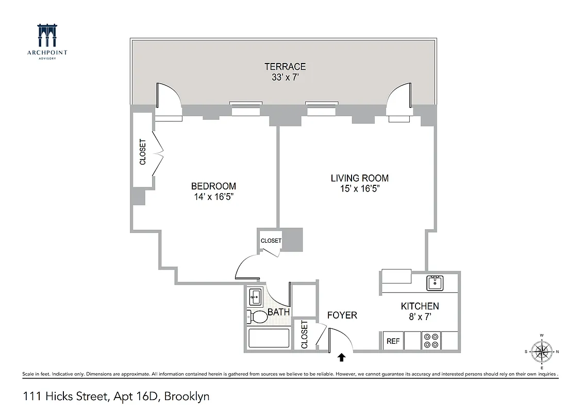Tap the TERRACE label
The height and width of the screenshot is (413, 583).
(x=285, y=67)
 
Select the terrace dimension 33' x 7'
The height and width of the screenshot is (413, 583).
(x=285, y=77)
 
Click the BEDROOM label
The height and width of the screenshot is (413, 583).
(x=213, y=186)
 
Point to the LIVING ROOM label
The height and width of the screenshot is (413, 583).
(x=359, y=178)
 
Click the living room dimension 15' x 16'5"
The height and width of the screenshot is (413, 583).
(x=359, y=189)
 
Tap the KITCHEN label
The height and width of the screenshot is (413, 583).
(x=420, y=306)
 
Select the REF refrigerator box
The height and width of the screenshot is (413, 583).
(x=393, y=341)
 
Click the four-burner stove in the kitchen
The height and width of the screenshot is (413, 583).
(x=431, y=341)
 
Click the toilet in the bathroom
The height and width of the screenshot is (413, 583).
(x=258, y=316)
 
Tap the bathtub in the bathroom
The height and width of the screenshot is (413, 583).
(x=269, y=339)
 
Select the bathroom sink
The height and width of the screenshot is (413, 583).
(x=255, y=296)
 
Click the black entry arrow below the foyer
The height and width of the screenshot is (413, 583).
(x=341, y=356)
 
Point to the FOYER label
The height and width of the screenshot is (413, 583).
(x=342, y=315)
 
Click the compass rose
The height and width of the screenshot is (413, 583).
(x=541, y=352)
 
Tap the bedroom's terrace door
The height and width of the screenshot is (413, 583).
(x=168, y=102)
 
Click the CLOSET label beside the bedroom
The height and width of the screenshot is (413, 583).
(x=143, y=152)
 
